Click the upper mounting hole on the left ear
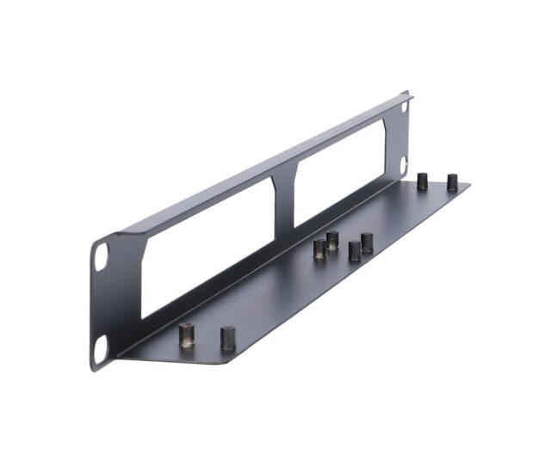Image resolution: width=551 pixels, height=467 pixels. [102, 255]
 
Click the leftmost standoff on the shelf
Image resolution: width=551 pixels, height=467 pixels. [186, 335]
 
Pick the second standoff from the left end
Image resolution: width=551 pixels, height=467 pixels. [227, 337]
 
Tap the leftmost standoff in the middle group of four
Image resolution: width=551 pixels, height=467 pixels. [319, 249]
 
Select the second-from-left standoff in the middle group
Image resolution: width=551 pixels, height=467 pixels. [332, 240]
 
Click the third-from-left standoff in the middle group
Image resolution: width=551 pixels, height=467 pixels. [355, 250]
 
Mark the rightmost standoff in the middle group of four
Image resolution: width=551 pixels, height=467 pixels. [367, 242]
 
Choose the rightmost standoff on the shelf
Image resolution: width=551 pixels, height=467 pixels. [452, 182]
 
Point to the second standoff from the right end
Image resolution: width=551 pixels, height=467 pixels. [422, 181]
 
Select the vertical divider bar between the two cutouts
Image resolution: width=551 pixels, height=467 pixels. [283, 202]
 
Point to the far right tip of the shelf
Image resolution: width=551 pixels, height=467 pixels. [468, 184]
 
